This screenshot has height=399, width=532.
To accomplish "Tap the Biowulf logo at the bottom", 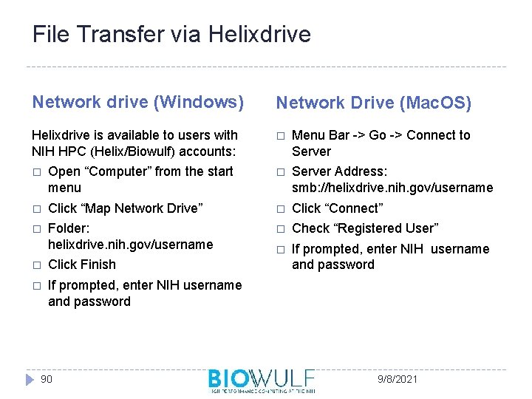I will pos(261,380).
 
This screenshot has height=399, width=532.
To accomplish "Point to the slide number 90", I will pos(46,379).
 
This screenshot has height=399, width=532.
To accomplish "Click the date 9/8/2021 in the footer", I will pos(397,379).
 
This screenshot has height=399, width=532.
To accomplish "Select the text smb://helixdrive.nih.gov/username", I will pos(392,188).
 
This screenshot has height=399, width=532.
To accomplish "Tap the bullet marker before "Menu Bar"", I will pos(280,136).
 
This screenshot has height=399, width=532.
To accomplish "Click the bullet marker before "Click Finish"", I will pos(36,265).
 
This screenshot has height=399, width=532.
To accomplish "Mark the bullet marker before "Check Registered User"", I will pos(280,229).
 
